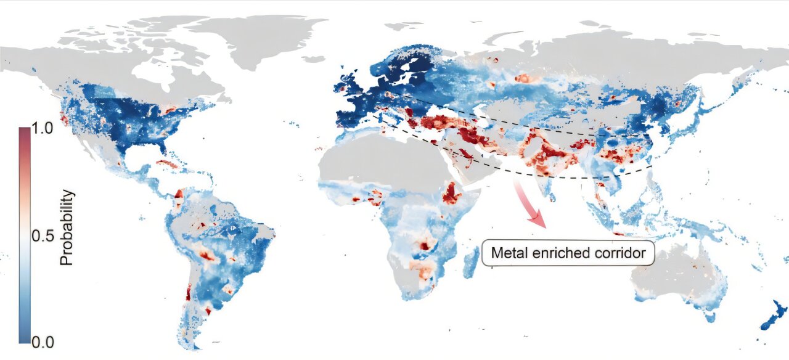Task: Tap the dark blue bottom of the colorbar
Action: (x=23, y=338)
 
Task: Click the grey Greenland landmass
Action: (x=259, y=37)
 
